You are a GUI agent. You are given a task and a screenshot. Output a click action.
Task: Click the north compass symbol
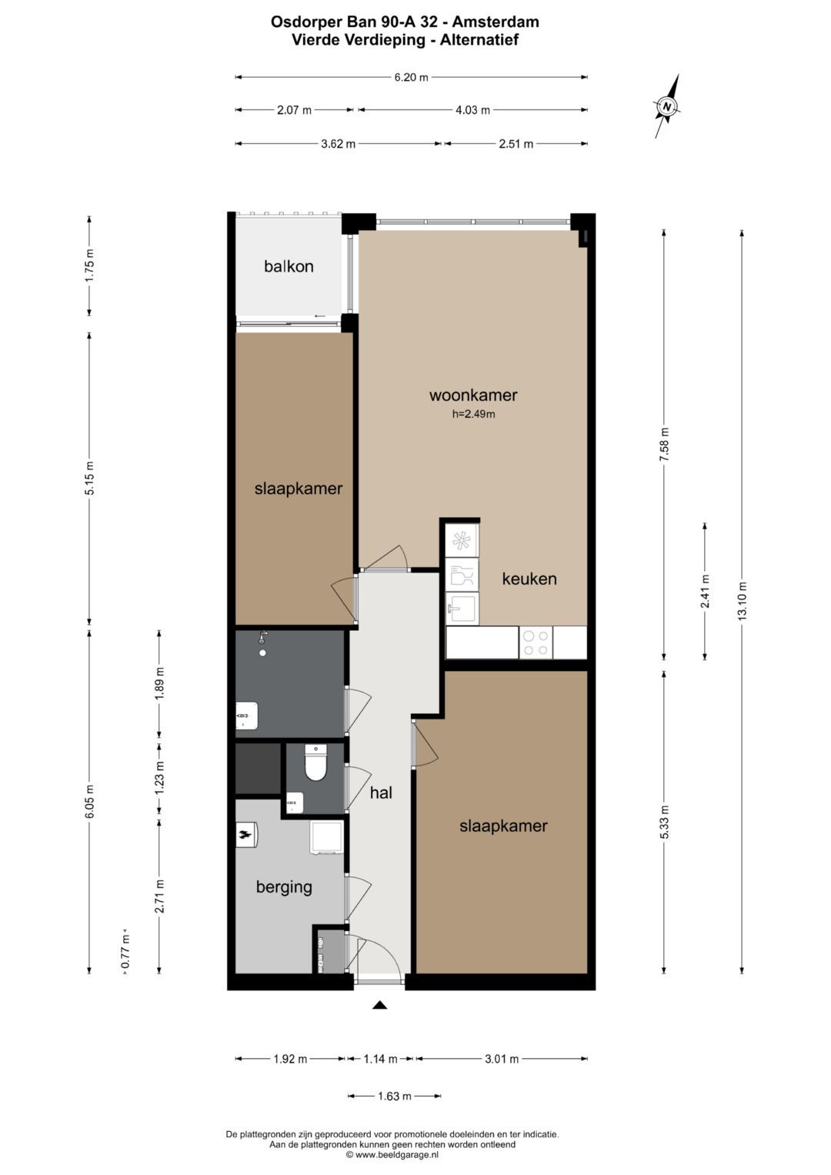coord(667,106)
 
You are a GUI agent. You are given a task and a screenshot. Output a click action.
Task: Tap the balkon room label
coord(289,266)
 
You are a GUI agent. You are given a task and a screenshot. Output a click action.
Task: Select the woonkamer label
coord(473,395)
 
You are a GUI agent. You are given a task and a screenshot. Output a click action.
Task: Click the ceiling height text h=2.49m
coord(474,414)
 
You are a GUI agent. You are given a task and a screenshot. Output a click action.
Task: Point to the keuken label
coord(529,579)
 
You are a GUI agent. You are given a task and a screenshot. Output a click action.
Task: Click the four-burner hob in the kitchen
coord(536,643)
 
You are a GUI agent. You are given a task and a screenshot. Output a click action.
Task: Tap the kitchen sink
coord(462,609)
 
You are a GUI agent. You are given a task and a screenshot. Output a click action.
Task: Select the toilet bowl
coord(315,763)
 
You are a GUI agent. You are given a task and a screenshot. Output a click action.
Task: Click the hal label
coord(381,793)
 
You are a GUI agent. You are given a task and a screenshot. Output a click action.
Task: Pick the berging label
coord(284,887)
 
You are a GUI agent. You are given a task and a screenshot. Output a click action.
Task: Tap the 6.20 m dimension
coord(412,78)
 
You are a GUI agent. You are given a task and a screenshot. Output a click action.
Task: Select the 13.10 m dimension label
coord(742,601)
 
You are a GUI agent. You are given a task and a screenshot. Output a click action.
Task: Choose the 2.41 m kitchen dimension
coord(705,591)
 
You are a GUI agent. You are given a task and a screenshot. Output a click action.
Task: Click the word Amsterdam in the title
coord(496,22)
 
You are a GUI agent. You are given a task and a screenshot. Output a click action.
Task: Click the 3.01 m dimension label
coord(502,1059)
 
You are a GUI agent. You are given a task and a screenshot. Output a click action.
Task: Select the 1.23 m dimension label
coord(159,777)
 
